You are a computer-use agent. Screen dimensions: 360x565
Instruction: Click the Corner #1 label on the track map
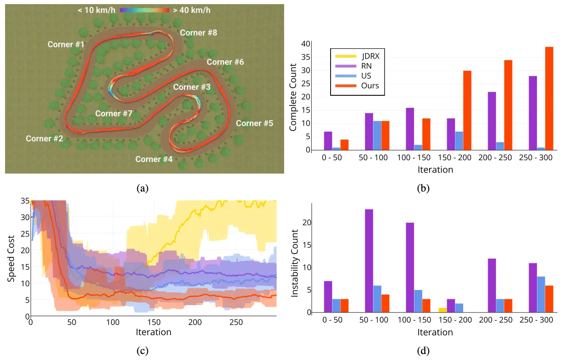point(66,45)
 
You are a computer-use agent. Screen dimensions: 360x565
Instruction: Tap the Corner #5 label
point(255,123)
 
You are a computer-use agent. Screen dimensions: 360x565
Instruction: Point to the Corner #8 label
point(198,33)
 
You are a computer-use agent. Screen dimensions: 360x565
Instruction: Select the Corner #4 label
point(154,159)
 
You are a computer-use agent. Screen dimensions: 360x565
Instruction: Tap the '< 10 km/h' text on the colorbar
point(98,10)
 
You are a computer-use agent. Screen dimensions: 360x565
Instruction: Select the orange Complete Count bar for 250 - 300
point(549,99)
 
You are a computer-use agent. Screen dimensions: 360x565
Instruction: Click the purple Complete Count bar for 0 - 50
point(328,141)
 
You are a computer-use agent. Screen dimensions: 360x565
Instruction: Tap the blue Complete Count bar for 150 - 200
point(459,141)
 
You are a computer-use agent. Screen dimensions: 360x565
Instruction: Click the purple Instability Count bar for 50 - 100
point(369,261)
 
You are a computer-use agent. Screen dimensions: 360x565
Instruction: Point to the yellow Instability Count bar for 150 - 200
point(443,310)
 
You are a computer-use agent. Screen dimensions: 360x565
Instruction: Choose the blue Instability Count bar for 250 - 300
point(541,295)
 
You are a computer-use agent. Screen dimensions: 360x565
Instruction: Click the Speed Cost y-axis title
point(11,259)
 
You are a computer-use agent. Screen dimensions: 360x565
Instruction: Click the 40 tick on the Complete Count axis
point(305,44)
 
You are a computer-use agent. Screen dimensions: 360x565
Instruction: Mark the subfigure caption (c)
point(143,351)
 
